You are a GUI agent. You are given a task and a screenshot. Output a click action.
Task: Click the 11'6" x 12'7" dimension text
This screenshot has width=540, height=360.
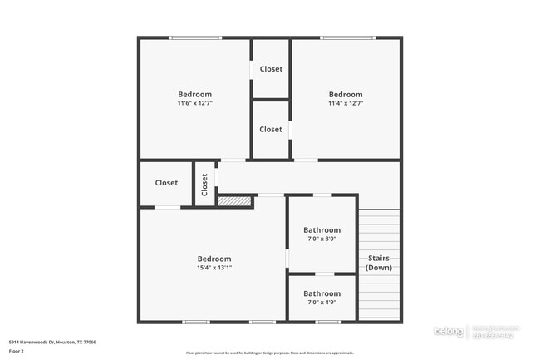(x=195, y=103)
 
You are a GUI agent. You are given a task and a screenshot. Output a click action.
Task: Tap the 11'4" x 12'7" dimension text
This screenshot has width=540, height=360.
(x=346, y=103)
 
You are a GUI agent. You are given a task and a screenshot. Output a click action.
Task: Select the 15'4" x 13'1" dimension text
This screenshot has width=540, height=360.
(x=214, y=268)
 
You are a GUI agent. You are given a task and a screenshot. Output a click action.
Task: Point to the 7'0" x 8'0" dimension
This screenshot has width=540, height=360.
(x=322, y=239)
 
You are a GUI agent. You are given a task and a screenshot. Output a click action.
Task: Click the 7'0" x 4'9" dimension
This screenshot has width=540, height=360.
(x=322, y=302)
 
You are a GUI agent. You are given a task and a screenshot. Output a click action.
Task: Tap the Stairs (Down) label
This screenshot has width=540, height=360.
(x=379, y=263)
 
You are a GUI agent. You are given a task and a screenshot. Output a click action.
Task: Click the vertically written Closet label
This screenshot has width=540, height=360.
(x=204, y=184)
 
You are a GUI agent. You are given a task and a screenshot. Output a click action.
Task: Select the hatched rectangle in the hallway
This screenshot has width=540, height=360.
(x=234, y=200)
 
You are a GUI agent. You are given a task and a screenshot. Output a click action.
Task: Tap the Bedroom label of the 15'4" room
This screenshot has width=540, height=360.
(x=214, y=259)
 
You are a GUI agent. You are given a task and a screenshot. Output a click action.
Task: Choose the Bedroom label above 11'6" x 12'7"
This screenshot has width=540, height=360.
(x=195, y=94)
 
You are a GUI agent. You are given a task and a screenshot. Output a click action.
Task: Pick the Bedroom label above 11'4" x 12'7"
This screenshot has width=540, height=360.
(x=346, y=94)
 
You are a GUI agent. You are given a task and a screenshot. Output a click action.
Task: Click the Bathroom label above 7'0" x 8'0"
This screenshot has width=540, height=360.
(x=322, y=229)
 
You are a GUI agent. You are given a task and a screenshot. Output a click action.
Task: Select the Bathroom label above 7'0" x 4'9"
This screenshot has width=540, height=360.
(x=322, y=293)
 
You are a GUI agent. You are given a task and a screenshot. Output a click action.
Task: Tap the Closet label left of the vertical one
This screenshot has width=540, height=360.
(x=166, y=183)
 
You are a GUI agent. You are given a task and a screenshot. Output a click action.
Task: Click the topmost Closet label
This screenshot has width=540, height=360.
(x=271, y=69)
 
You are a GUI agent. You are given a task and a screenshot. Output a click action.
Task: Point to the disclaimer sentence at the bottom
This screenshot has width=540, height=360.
(x=270, y=353)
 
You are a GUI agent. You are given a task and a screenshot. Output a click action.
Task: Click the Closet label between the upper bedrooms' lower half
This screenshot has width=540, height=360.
(x=271, y=129)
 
